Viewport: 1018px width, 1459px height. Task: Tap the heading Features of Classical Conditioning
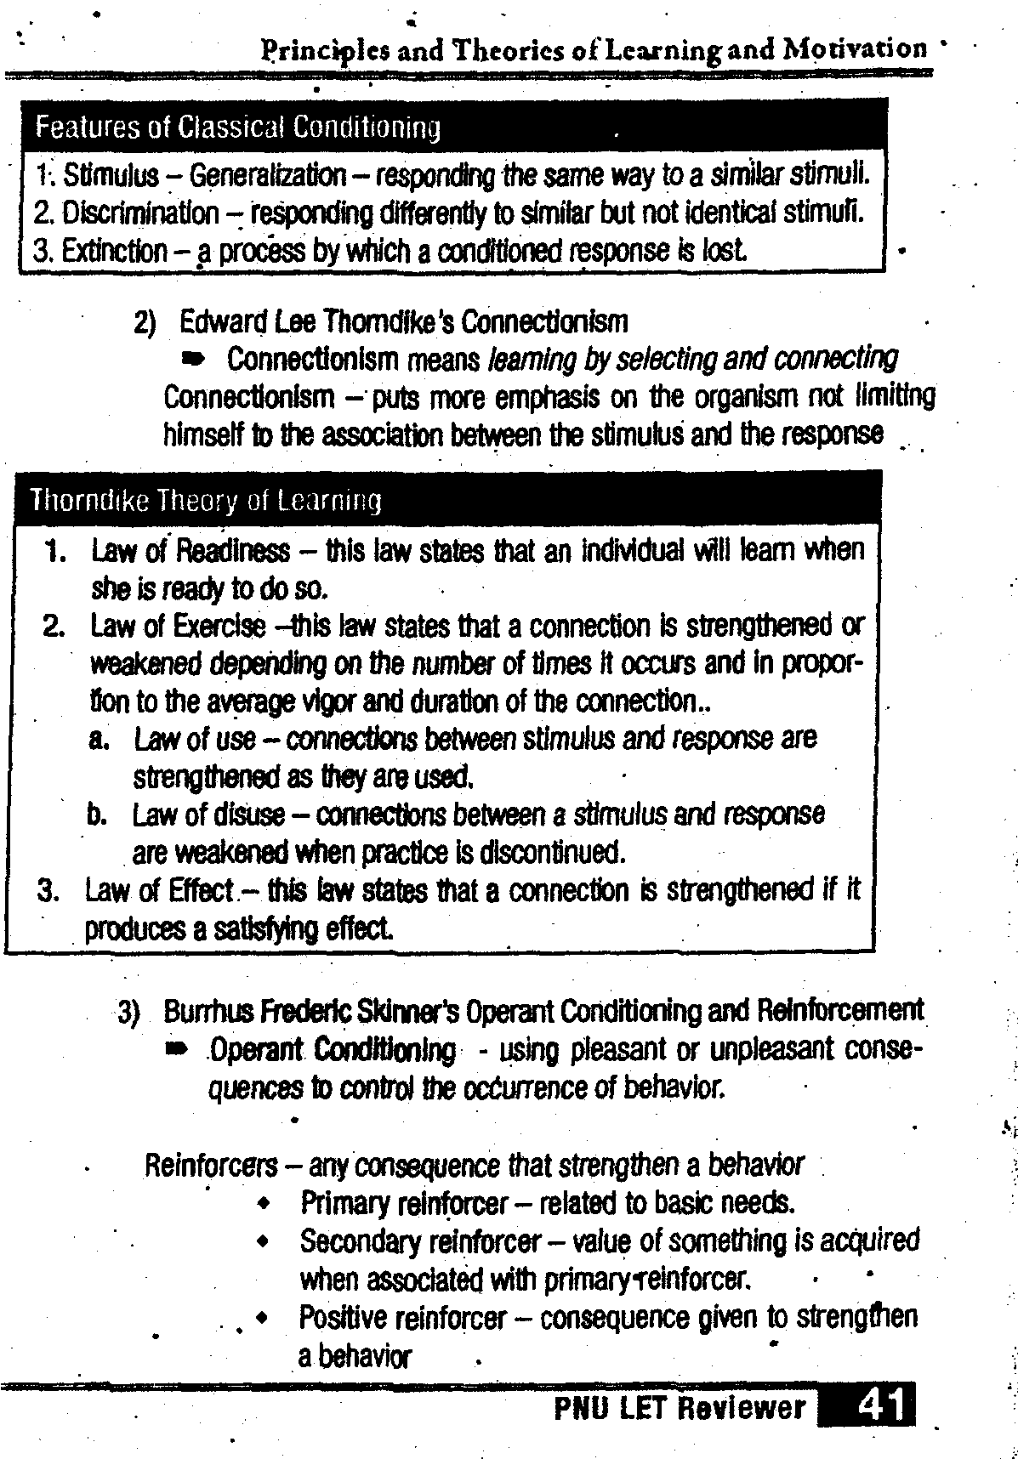pyautogui.click(x=237, y=128)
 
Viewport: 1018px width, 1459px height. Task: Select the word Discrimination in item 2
pyautogui.click(x=140, y=213)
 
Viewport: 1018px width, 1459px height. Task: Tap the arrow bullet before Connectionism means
pyautogui.click(x=194, y=360)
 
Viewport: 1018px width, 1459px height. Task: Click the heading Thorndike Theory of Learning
pyautogui.click(x=205, y=501)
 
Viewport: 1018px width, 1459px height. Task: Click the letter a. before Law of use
pyautogui.click(x=97, y=738)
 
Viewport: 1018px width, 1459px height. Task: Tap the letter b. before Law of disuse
pyautogui.click(x=96, y=815)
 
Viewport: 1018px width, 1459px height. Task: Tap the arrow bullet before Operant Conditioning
pyautogui.click(x=177, y=1052)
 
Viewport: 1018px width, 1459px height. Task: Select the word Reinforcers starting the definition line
pyautogui.click(x=211, y=1165)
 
